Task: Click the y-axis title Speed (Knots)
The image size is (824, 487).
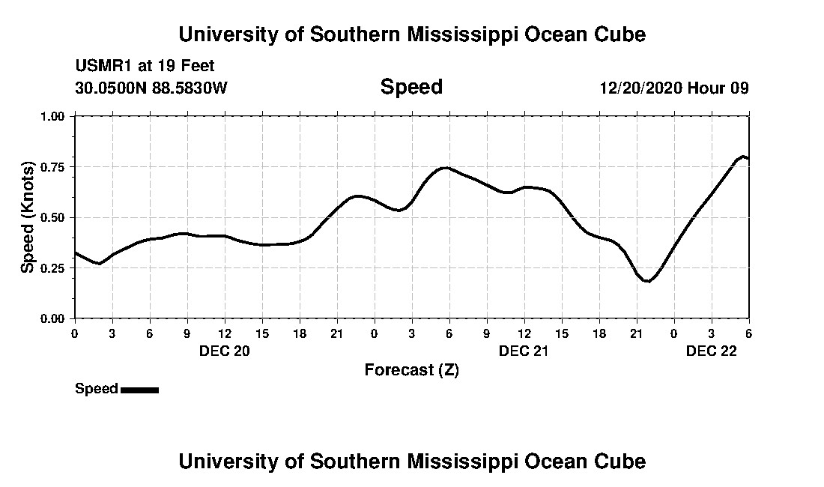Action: pyautogui.click(x=27, y=217)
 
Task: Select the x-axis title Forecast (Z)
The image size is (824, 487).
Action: pyautogui.click(x=411, y=370)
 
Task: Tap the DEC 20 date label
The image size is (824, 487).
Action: pyautogui.click(x=224, y=351)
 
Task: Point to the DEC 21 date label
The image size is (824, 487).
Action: pyautogui.click(x=524, y=351)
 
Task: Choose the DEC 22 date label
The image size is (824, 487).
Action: pyautogui.click(x=712, y=351)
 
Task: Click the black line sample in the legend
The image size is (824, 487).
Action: pyautogui.click(x=139, y=390)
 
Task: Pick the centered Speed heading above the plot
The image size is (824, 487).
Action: pyautogui.click(x=411, y=87)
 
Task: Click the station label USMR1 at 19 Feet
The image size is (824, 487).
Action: pyautogui.click(x=145, y=66)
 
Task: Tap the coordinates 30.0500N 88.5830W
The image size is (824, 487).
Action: pyautogui.click(x=151, y=88)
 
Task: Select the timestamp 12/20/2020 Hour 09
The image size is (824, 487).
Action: pyautogui.click(x=673, y=88)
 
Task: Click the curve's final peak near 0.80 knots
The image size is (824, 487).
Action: pyautogui.click(x=743, y=157)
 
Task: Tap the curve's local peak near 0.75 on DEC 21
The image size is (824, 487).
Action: pyautogui.click(x=446, y=168)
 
